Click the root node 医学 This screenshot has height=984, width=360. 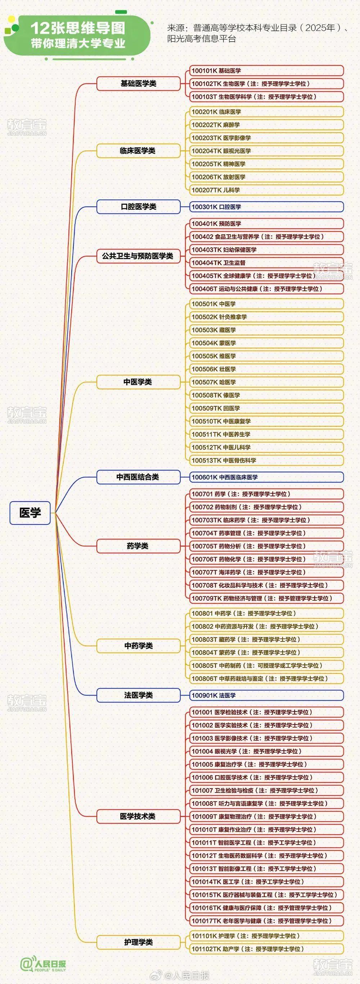click(x=30, y=513)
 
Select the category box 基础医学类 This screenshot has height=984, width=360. click(x=138, y=83)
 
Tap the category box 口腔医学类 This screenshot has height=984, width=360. click(x=138, y=207)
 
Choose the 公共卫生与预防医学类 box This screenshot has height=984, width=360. click(x=138, y=256)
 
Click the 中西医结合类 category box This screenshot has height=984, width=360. click(x=138, y=477)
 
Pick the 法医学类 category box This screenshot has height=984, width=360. click(x=138, y=695)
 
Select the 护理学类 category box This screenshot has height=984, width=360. click(x=138, y=942)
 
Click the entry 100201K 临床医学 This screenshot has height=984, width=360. click(x=267, y=112)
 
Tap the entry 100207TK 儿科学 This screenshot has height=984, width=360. click(x=267, y=190)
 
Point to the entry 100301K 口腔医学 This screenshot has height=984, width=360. click(x=267, y=207)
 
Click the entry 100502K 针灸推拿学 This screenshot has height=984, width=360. click(x=267, y=317)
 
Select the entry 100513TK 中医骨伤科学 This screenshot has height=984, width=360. click(x=267, y=460)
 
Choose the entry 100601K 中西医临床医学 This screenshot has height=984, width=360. click(x=267, y=477)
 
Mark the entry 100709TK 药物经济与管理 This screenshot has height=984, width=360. click(x=267, y=598)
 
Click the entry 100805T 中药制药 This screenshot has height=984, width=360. click(x=267, y=665)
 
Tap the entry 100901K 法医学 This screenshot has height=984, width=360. click(x=267, y=695)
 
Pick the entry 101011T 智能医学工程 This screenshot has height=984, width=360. click(x=267, y=842)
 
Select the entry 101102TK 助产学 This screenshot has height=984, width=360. click(x=267, y=948)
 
